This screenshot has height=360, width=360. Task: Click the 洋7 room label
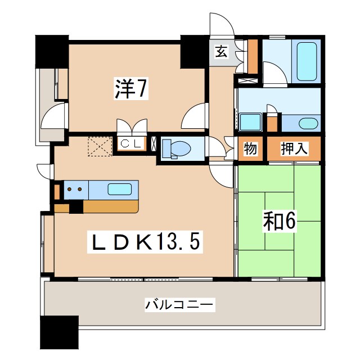[x=132, y=89]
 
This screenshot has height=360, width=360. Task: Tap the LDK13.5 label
[x=145, y=242]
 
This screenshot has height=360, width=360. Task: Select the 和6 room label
[x=278, y=222]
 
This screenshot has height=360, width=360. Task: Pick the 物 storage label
[x=250, y=149]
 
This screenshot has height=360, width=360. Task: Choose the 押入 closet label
[x=294, y=149]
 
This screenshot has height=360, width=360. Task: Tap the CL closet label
[x=132, y=143]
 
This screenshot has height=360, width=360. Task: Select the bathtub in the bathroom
[x=307, y=62]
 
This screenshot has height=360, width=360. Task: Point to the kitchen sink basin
[x=120, y=189]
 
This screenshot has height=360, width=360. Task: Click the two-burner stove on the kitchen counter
[x=75, y=190]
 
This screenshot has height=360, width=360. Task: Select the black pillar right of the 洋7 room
[x=195, y=51]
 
